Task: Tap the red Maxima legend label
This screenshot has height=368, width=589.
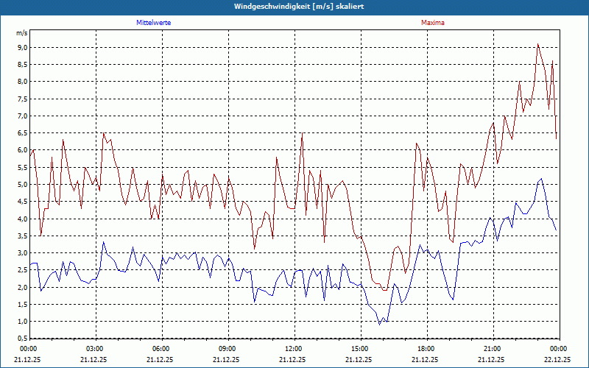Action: coord(433,23)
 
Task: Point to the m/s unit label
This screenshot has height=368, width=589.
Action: coord(21,33)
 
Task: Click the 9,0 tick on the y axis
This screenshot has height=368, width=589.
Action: coord(21,47)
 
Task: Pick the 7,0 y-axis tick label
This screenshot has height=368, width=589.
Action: coord(21,116)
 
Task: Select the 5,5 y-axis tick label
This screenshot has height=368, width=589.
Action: coord(21,167)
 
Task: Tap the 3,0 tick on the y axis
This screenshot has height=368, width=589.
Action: coord(21,252)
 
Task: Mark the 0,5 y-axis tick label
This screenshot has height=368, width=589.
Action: coord(21,339)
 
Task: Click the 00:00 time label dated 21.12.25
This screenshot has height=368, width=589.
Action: coord(29,348)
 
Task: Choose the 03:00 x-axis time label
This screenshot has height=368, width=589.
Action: coord(96,348)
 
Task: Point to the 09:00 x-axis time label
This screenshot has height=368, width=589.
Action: coord(228,348)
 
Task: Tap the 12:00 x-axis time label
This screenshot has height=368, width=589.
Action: coord(294,348)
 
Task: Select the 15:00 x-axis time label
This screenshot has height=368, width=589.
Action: coord(361,348)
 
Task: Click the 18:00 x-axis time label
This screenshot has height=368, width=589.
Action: coord(427,348)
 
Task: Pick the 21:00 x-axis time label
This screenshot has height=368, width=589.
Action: coord(493,348)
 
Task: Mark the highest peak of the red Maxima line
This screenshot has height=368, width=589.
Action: coord(538,43)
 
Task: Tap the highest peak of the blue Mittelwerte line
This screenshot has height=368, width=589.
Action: coord(542,178)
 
